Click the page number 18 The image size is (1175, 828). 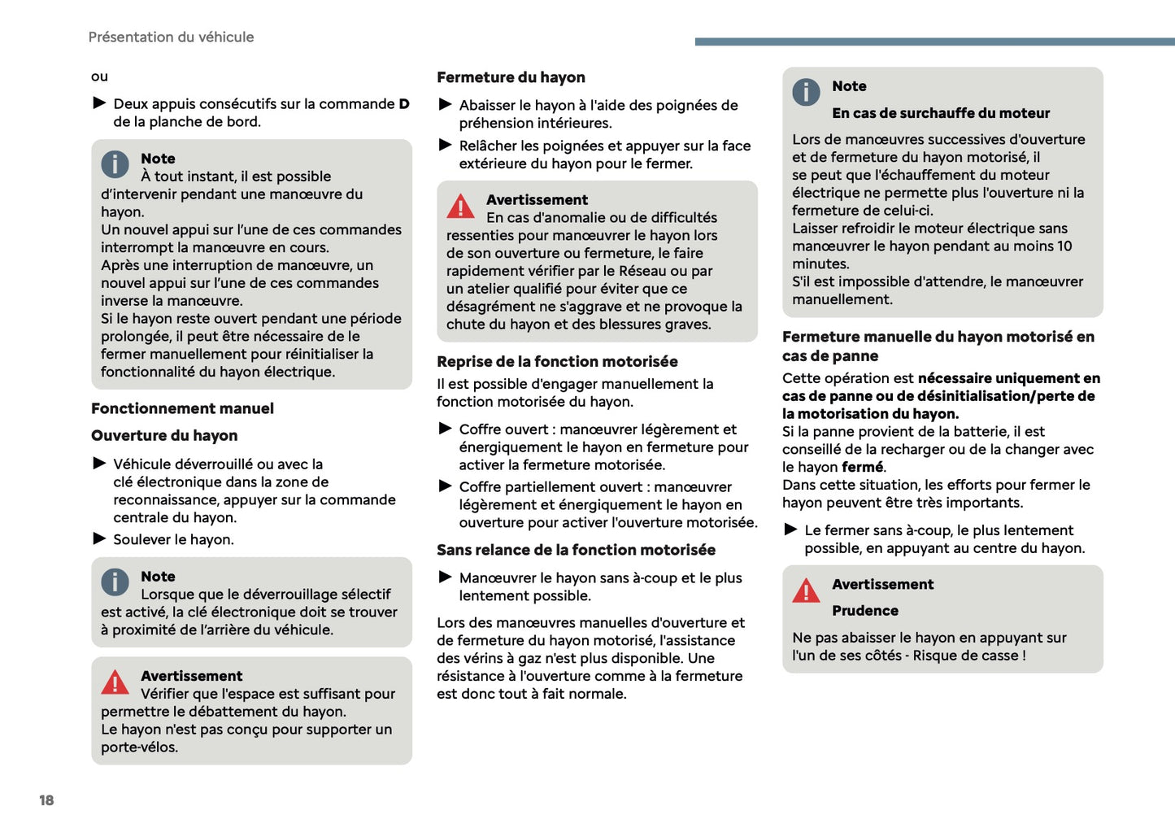tap(46, 800)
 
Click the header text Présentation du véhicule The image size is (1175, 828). tap(171, 37)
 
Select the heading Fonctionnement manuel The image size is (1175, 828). tap(182, 408)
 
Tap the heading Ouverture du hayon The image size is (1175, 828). tap(164, 436)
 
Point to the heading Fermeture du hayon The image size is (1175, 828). tap(511, 77)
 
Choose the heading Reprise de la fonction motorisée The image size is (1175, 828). tap(557, 362)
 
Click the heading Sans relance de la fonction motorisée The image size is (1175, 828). tap(576, 550)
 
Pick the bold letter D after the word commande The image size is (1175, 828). tap(404, 104)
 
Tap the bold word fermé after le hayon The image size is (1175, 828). tap(862, 468)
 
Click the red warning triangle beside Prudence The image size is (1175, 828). tap(806, 590)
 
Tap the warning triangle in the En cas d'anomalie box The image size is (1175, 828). tap(460, 207)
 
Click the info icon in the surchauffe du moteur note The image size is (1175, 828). tap(806, 92)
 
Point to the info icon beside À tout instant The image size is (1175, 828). tap(115, 164)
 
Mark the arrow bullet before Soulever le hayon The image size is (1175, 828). tap(100, 538)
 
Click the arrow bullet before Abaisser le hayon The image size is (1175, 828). tap(446, 105)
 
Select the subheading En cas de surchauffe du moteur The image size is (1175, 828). tap(940, 113)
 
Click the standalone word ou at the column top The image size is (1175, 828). tap(99, 77)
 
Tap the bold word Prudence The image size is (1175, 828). tap(864, 611)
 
